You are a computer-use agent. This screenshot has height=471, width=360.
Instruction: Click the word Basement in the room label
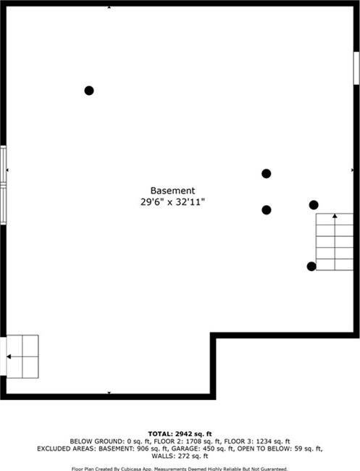coord(172,191)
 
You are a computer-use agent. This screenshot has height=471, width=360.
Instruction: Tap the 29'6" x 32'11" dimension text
coord(172,202)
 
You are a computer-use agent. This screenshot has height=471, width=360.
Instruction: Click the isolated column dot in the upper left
coord(89,91)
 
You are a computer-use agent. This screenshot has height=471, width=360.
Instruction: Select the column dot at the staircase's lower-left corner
coord(311,267)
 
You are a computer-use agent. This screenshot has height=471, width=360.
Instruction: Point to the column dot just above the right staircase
coord(314,205)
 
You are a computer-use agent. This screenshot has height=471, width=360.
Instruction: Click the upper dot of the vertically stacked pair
coord(267,174)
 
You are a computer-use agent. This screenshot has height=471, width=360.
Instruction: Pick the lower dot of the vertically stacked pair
coord(267,210)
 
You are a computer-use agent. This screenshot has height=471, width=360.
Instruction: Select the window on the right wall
coord(356,68)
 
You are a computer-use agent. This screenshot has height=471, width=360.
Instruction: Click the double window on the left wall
coord(4,185)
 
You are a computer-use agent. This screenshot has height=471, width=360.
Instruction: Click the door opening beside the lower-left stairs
coord(3,357)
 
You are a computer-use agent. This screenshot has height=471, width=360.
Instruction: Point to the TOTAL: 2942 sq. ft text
coord(180,434)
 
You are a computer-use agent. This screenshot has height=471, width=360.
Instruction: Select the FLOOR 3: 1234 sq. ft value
coord(257,441)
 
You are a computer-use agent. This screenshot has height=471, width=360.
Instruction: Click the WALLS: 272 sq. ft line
coord(180,457)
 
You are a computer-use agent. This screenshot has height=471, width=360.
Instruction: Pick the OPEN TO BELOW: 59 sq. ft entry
coord(280,449)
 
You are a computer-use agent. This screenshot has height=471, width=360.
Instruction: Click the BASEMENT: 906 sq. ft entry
coord(133,449)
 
